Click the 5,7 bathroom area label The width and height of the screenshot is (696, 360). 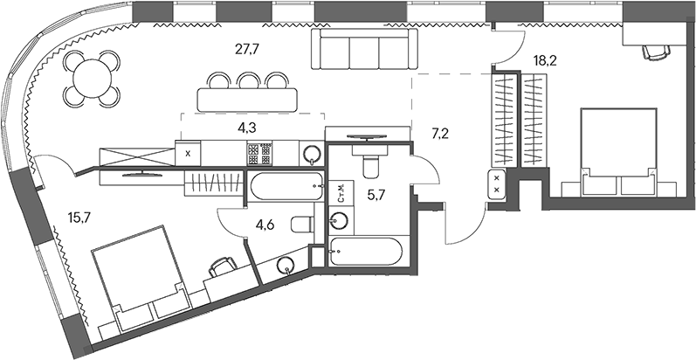[376, 196]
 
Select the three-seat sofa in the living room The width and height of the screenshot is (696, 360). [354, 55]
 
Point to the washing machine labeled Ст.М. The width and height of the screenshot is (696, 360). [341, 193]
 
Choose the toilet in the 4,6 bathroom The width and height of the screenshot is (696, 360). [300, 224]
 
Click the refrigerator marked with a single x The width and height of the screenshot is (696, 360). [190, 153]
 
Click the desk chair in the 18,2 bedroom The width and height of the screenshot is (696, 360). [653, 52]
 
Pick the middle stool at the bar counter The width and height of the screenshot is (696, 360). [247, 80]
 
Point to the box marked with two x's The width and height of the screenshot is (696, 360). [497, 184]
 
